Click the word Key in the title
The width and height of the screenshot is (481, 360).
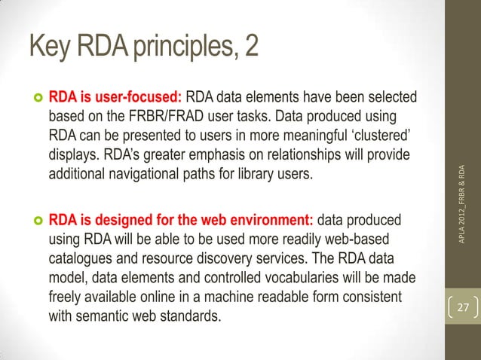tap(47, 47)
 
